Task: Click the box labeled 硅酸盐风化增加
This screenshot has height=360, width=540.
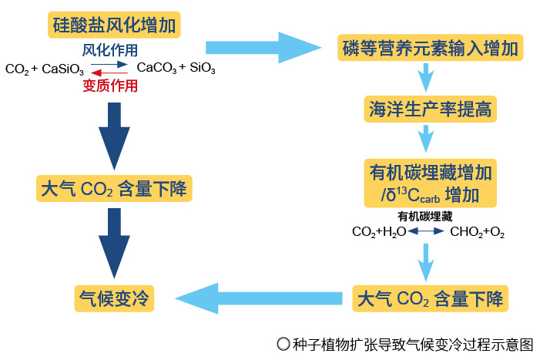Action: [114, 25]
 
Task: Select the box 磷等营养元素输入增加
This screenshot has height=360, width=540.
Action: [430, 48]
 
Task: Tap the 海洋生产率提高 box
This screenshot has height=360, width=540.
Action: [430, 109]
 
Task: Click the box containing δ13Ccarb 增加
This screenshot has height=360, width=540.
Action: [430, 183]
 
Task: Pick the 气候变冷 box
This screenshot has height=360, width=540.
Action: [114, 298]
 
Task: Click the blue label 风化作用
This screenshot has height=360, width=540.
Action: [110, 50]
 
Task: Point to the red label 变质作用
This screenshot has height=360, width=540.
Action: [110, 86]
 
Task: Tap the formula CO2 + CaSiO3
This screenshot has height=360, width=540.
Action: [45, 69]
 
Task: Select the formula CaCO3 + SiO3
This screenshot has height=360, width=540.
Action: [176, 68]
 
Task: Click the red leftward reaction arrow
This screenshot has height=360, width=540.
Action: [109, 72]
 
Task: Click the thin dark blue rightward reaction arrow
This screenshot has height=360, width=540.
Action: [109, 65]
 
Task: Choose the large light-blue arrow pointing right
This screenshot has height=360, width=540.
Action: [263, 48]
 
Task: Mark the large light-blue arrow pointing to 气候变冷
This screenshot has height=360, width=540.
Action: [259, 298]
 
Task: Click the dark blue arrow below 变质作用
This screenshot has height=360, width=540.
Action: [114, 136]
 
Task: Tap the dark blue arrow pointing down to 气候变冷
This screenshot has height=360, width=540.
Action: [114, 244]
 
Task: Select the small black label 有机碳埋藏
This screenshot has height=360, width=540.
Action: [424, 217]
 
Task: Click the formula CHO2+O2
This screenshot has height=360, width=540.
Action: [478, 232]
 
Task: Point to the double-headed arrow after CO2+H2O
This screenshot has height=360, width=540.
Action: [426, 231]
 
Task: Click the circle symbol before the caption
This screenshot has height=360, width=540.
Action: [283, 344]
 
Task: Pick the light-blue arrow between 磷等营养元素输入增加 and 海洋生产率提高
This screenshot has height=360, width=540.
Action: [426, 78]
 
